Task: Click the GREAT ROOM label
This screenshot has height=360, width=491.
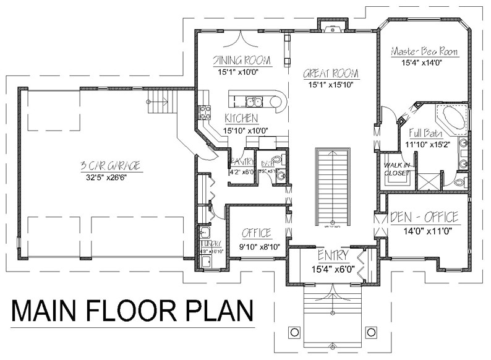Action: coord(331,74)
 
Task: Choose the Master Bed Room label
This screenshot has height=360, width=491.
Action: coord(424,52)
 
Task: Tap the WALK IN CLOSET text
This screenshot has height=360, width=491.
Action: coord(396,169)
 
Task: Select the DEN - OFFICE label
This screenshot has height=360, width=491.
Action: coord(424,217)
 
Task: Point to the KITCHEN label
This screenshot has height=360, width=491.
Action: coord(241,118)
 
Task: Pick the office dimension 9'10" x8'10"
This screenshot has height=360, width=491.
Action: coord(256,246)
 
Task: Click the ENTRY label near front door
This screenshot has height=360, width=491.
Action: coord(333,255)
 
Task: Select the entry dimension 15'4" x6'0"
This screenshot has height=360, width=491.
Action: coord(333,267)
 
